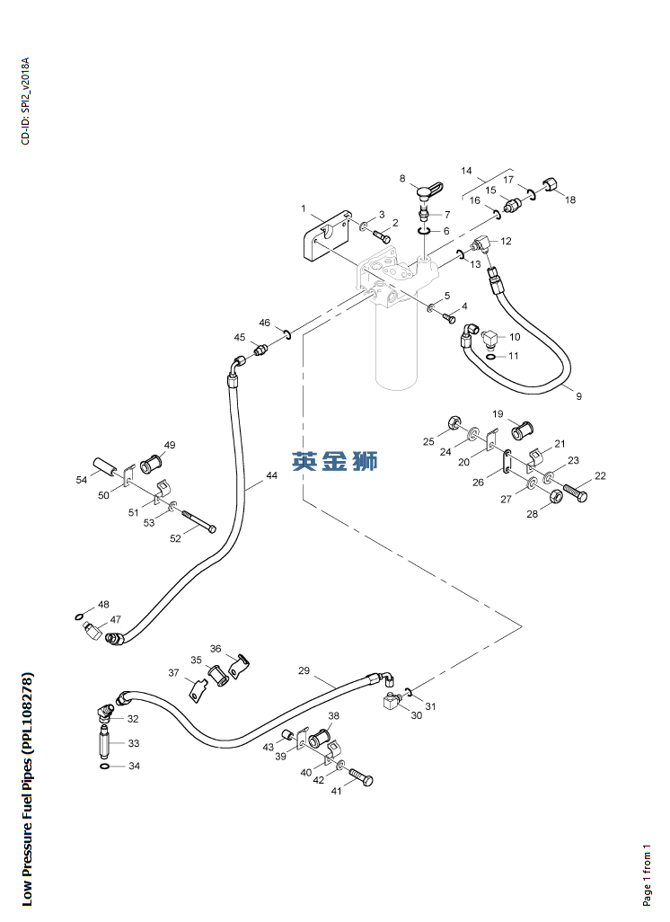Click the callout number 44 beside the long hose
pyautogui.click(x=271, y=475)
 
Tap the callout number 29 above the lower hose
pyautogui.click(x=304, y=670)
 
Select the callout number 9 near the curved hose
pyautogui.click(x=579, y=396)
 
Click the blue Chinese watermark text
pyautogui.click(x=335, y=460)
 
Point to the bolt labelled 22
pyautogui.click(x=574, y=492)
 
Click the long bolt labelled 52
pyautogui.click(x=199, y=521)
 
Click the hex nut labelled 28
pyautogui.click(x=555, y=498)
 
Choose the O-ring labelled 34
pyautogui.click(x=104, y=767)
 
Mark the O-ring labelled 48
pyautogui.click(x=79, y=616)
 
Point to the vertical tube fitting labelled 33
pyautogui.click(x=104, y=742)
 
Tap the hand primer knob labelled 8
pyautogui.click(x=429, y=192)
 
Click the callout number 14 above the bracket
pyautogui.click(x=466, y=171)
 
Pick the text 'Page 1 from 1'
pyautogui.click(x=647, y=874)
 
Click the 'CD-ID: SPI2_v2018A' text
pyautogui.click(x=25, y=102)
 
